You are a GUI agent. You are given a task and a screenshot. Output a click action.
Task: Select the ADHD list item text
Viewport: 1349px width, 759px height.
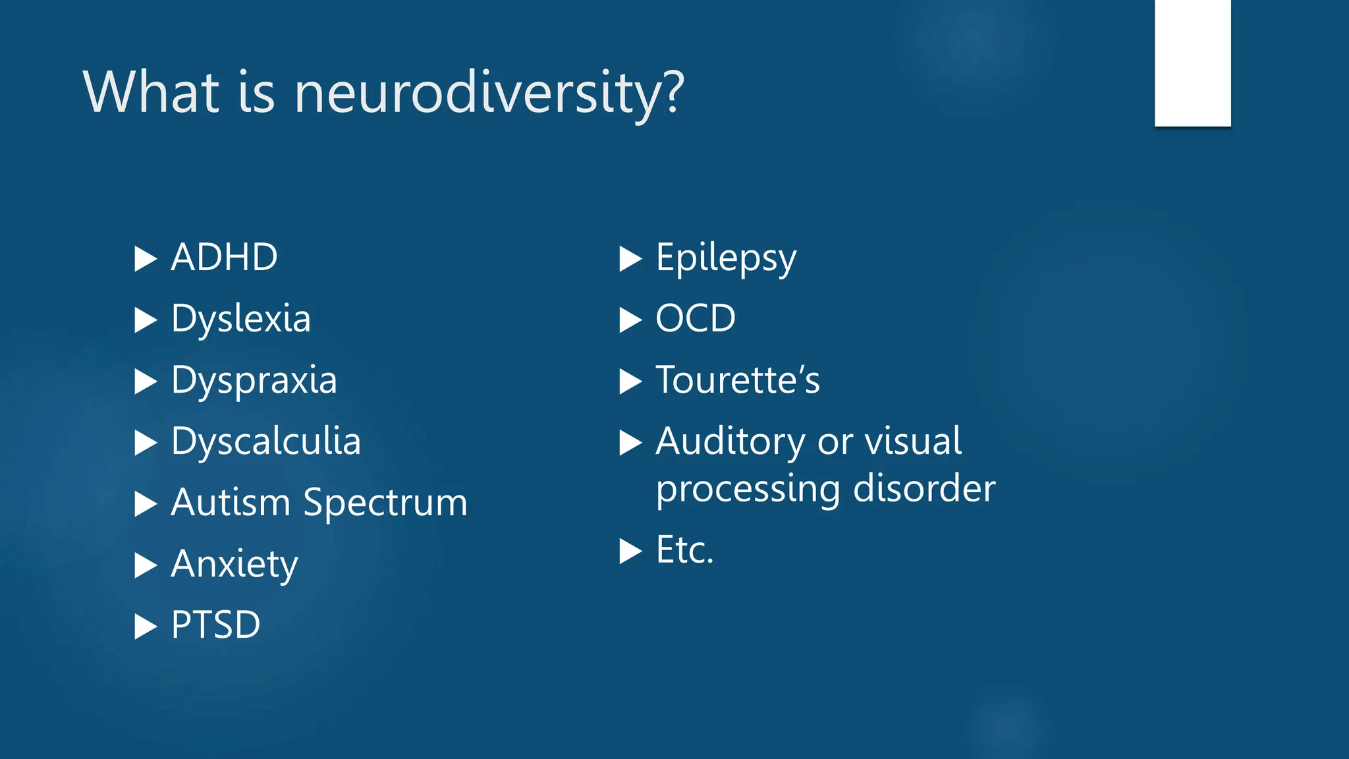point(224,257)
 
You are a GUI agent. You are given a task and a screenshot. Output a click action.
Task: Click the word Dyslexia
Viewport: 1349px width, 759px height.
point(240,320)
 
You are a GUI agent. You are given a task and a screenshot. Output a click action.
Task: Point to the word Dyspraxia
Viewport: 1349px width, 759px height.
point(254,381)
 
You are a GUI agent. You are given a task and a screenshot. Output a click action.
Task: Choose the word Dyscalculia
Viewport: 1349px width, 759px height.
point(265,441)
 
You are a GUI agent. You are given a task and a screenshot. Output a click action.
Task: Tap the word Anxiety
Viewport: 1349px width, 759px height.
point(234,565)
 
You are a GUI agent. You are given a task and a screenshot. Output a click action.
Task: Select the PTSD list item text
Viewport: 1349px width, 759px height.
point(215,625)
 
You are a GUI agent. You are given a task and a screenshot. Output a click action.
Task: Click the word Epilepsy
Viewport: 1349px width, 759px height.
point(726,258)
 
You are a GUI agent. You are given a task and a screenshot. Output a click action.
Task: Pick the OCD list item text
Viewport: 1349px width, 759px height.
point(695,319)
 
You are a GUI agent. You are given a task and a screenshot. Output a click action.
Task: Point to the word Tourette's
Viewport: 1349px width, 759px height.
point(738,380)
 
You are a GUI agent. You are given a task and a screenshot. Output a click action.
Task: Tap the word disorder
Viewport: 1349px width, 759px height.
point(923,489)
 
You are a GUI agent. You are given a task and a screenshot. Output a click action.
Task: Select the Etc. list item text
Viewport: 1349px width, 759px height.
point(684,550)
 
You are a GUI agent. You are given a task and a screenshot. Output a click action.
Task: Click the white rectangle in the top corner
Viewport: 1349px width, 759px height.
point(1192,63)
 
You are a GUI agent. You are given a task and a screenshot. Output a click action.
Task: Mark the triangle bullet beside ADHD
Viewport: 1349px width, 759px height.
point(145,259)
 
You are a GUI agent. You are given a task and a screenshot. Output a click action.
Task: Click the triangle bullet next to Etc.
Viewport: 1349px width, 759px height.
point(630,551)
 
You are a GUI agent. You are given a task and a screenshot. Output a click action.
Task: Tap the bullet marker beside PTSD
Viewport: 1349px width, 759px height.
point(145,627)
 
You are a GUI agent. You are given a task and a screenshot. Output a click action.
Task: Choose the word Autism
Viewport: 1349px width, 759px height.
point(230,503)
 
